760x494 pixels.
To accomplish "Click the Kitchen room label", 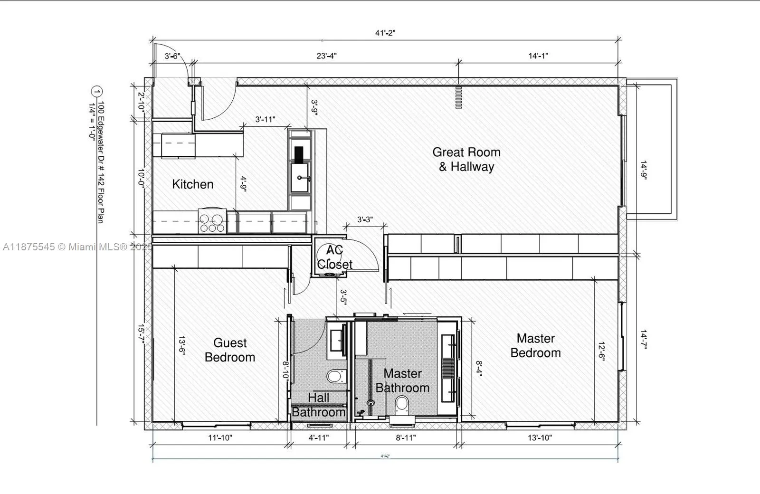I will click(x=192, y=184).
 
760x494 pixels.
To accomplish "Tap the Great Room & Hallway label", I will click(x=466, y=160).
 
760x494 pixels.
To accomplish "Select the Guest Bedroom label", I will click(x=230, y=350).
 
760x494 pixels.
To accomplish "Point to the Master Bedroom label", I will click(x=535, y=346).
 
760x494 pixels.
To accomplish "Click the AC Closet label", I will click(x=334, y=257).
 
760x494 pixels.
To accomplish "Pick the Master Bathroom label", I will click(x=402, y=381).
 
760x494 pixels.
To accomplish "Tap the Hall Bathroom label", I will click(x=318, y=405).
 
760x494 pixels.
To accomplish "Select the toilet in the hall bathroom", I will click(x=337, y=377).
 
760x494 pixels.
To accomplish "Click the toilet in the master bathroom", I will click(x=402, y=406).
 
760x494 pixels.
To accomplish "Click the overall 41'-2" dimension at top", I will click(x=385, y=33).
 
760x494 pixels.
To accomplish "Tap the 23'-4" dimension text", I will click(x=326, y=56).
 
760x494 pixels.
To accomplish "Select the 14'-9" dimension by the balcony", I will click(x=643, y=170).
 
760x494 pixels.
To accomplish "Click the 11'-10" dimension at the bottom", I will click(x=220, y=438).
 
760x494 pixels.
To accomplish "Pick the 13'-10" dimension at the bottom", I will click(x=540, y=438).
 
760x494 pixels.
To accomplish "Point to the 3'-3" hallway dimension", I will click(x=365, y=220).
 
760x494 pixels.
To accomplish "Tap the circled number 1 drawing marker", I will click(x=97, y=92).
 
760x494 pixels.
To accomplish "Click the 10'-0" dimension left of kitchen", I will click(x=141, y=179).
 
